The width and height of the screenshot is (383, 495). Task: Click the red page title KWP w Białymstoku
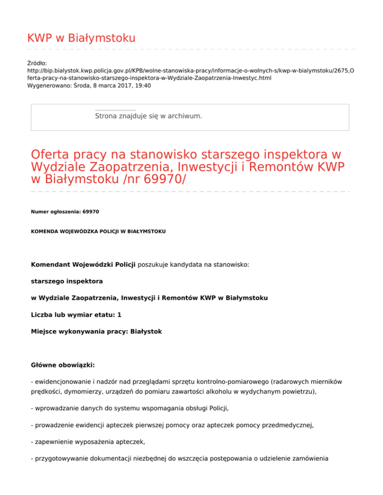click(x=81, y=38)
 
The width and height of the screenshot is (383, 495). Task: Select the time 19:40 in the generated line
click(x=142, y=86)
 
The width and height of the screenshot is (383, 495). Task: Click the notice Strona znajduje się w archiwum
click(x=148, y=116)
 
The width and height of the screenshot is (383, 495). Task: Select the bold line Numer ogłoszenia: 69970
click(x=65, y=212)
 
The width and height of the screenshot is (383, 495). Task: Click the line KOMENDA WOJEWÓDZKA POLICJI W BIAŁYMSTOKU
click(x=98, y=232)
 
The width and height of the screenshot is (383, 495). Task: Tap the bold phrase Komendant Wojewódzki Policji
click(x=83, y=265)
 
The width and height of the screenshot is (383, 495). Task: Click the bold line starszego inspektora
click(x=67, y=281)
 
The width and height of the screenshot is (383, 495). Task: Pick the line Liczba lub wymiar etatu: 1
click(x=76, y=315)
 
